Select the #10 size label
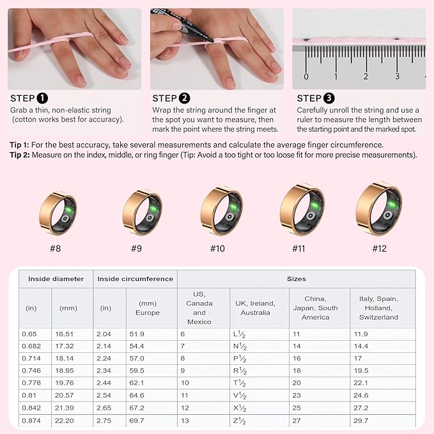pyautogui.click(x=217, y=248)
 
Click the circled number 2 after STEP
pyautogui.click(x=185, y=98)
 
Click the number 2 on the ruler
pyautogui.click(x=366, y=76)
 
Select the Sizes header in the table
pyautogui.click(x=296, y=279)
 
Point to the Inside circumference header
pyautogui.click(x=136, y=279)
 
